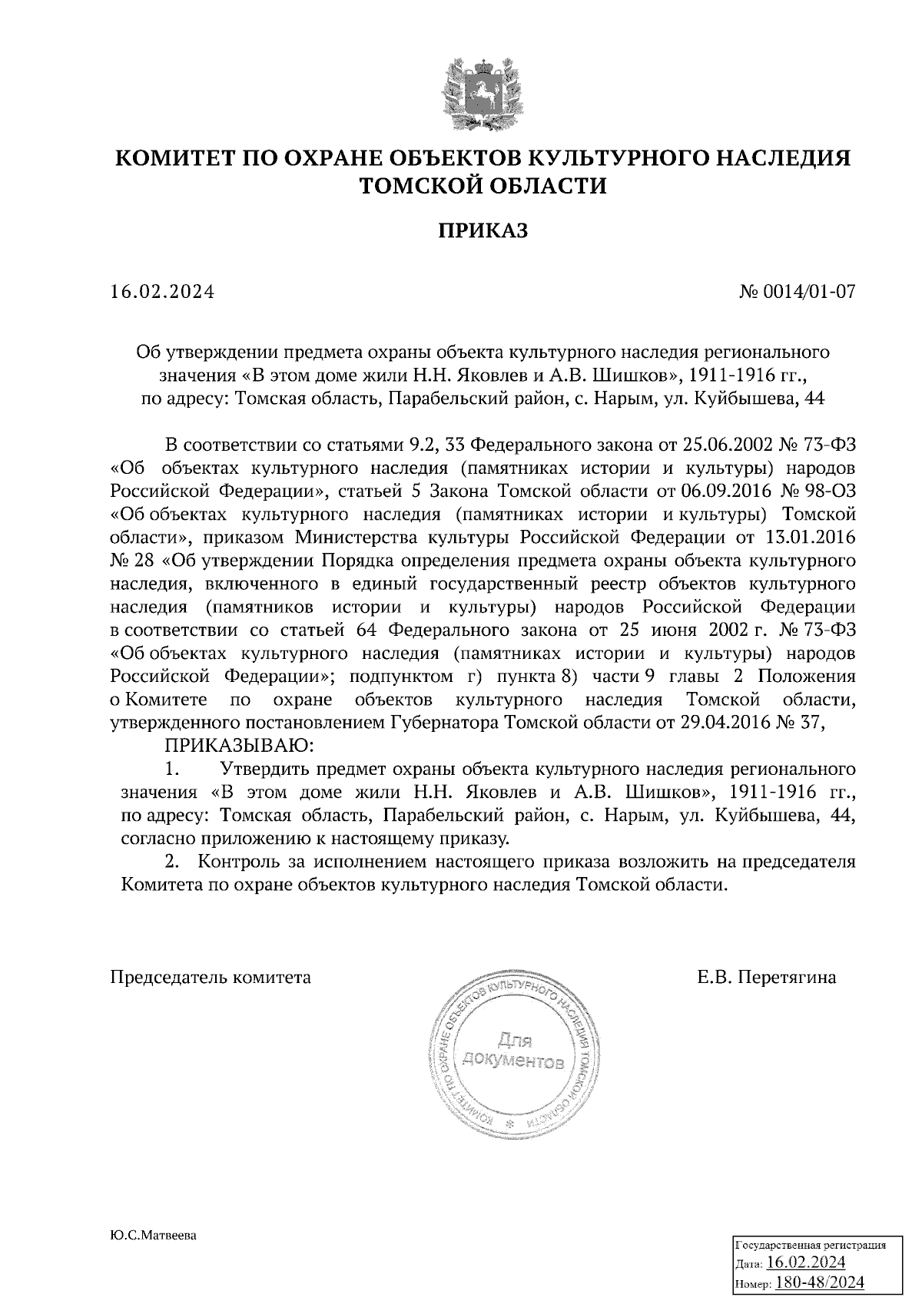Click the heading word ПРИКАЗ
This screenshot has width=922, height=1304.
[483, 230]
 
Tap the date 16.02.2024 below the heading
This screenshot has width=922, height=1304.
[161, 292]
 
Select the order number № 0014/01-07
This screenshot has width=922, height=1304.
[796, 292]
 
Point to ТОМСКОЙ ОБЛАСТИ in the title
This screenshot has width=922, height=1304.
[483, 185]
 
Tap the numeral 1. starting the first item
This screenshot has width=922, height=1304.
[172, 769]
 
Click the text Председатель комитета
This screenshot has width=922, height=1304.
[211, 978]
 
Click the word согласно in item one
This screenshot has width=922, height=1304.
[159, 838]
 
